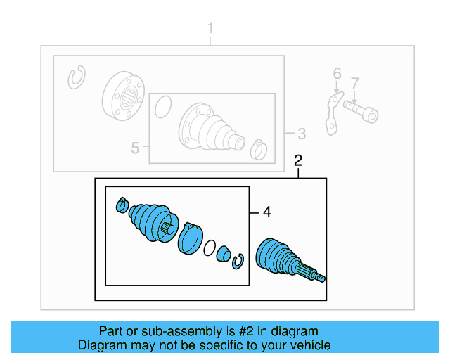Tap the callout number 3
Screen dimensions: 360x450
point(301,133)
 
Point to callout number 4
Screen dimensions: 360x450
point(266,212)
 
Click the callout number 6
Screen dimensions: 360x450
point(337,74)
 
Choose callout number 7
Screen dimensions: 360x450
point(355,83)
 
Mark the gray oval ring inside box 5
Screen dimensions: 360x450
point(162,107)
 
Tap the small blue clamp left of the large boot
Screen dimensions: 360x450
point(121,205)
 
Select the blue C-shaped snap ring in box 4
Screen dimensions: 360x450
point(238,260)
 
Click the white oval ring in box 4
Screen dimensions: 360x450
point(210,247)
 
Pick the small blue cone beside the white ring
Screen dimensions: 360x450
point(224,254)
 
